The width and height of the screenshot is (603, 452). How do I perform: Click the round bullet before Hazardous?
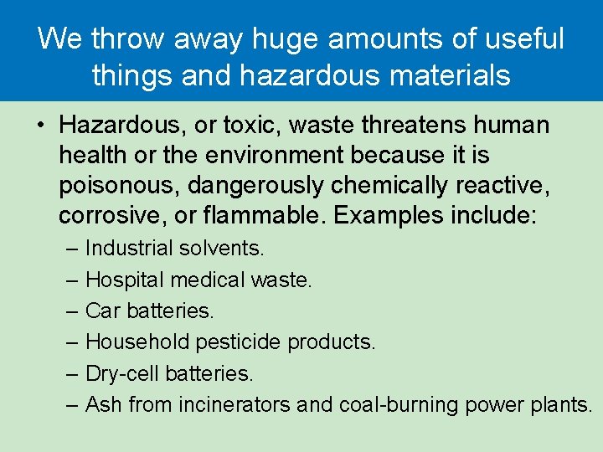click(39, 126)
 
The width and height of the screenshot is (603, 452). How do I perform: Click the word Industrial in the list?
click(130, 249)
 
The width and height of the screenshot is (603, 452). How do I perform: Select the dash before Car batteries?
click(73, 311)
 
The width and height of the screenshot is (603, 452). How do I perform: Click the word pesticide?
click(240, 342)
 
